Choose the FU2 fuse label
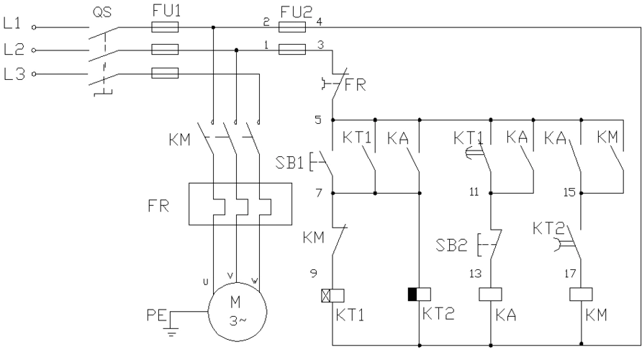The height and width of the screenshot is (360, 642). [x=296, y=10]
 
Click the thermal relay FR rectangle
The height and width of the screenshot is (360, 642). [x=239, y=205]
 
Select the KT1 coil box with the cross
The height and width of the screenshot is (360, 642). [x=331, y=294]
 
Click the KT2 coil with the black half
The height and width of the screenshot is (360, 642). [x=419, y=294]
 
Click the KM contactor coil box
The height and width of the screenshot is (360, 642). [x=580, y=294]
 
